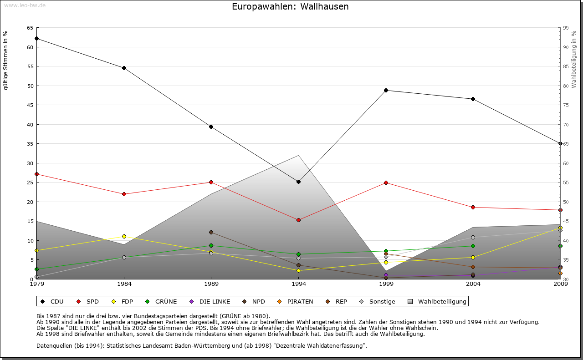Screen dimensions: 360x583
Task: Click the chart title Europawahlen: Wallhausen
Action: pos(290,7)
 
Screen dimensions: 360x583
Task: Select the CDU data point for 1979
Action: pos(36,38)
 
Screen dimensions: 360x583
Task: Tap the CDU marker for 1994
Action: pos(298,182)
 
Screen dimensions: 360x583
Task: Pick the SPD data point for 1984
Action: pos(124,194)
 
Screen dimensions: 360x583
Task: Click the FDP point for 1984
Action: pos(124,236)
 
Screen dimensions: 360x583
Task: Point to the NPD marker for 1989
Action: pos(211,232)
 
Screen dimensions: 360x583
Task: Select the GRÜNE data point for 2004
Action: pos(473,246)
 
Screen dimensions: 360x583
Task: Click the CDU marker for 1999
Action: pos(386,90)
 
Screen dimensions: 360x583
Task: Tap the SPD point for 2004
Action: pos(473,207)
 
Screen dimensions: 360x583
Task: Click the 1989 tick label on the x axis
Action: pos(211,284)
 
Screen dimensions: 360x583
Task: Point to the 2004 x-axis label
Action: pos(473,284)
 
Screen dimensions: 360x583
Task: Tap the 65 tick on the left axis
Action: pos(30,28)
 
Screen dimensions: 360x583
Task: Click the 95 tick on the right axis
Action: pos(566,28)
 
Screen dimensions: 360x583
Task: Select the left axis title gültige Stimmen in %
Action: pos(6,60)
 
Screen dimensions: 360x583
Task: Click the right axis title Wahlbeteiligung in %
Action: pos(574,60)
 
